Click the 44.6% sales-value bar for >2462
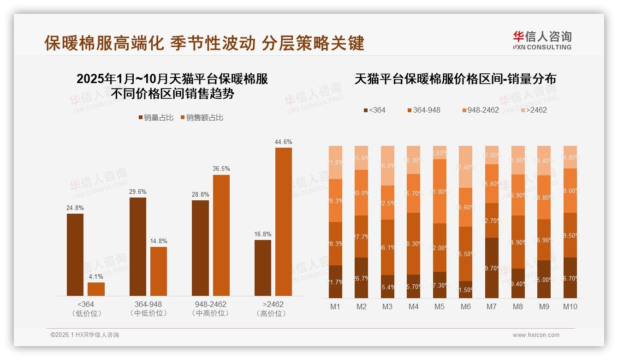coord(283,222)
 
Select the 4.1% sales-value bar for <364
coord(96,289)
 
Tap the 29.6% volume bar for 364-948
coord(137,246)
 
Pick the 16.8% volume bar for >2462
coord(263,268)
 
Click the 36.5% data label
coord(221,168)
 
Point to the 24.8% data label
coord(75,208)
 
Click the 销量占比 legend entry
coord(156,118)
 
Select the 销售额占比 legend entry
coord(202,118)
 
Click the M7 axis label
coord(492,306)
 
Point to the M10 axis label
coord(570,306)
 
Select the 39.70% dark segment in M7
coord(492,268)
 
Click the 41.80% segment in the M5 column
coord(440,191)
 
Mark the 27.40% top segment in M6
coord(466,167)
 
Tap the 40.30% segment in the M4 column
coord(414,244)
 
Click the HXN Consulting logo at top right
coord(542,41)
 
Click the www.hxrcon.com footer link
coord(536,335)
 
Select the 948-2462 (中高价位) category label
coord(210,309)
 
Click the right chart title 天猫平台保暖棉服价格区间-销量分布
coord(455,79)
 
